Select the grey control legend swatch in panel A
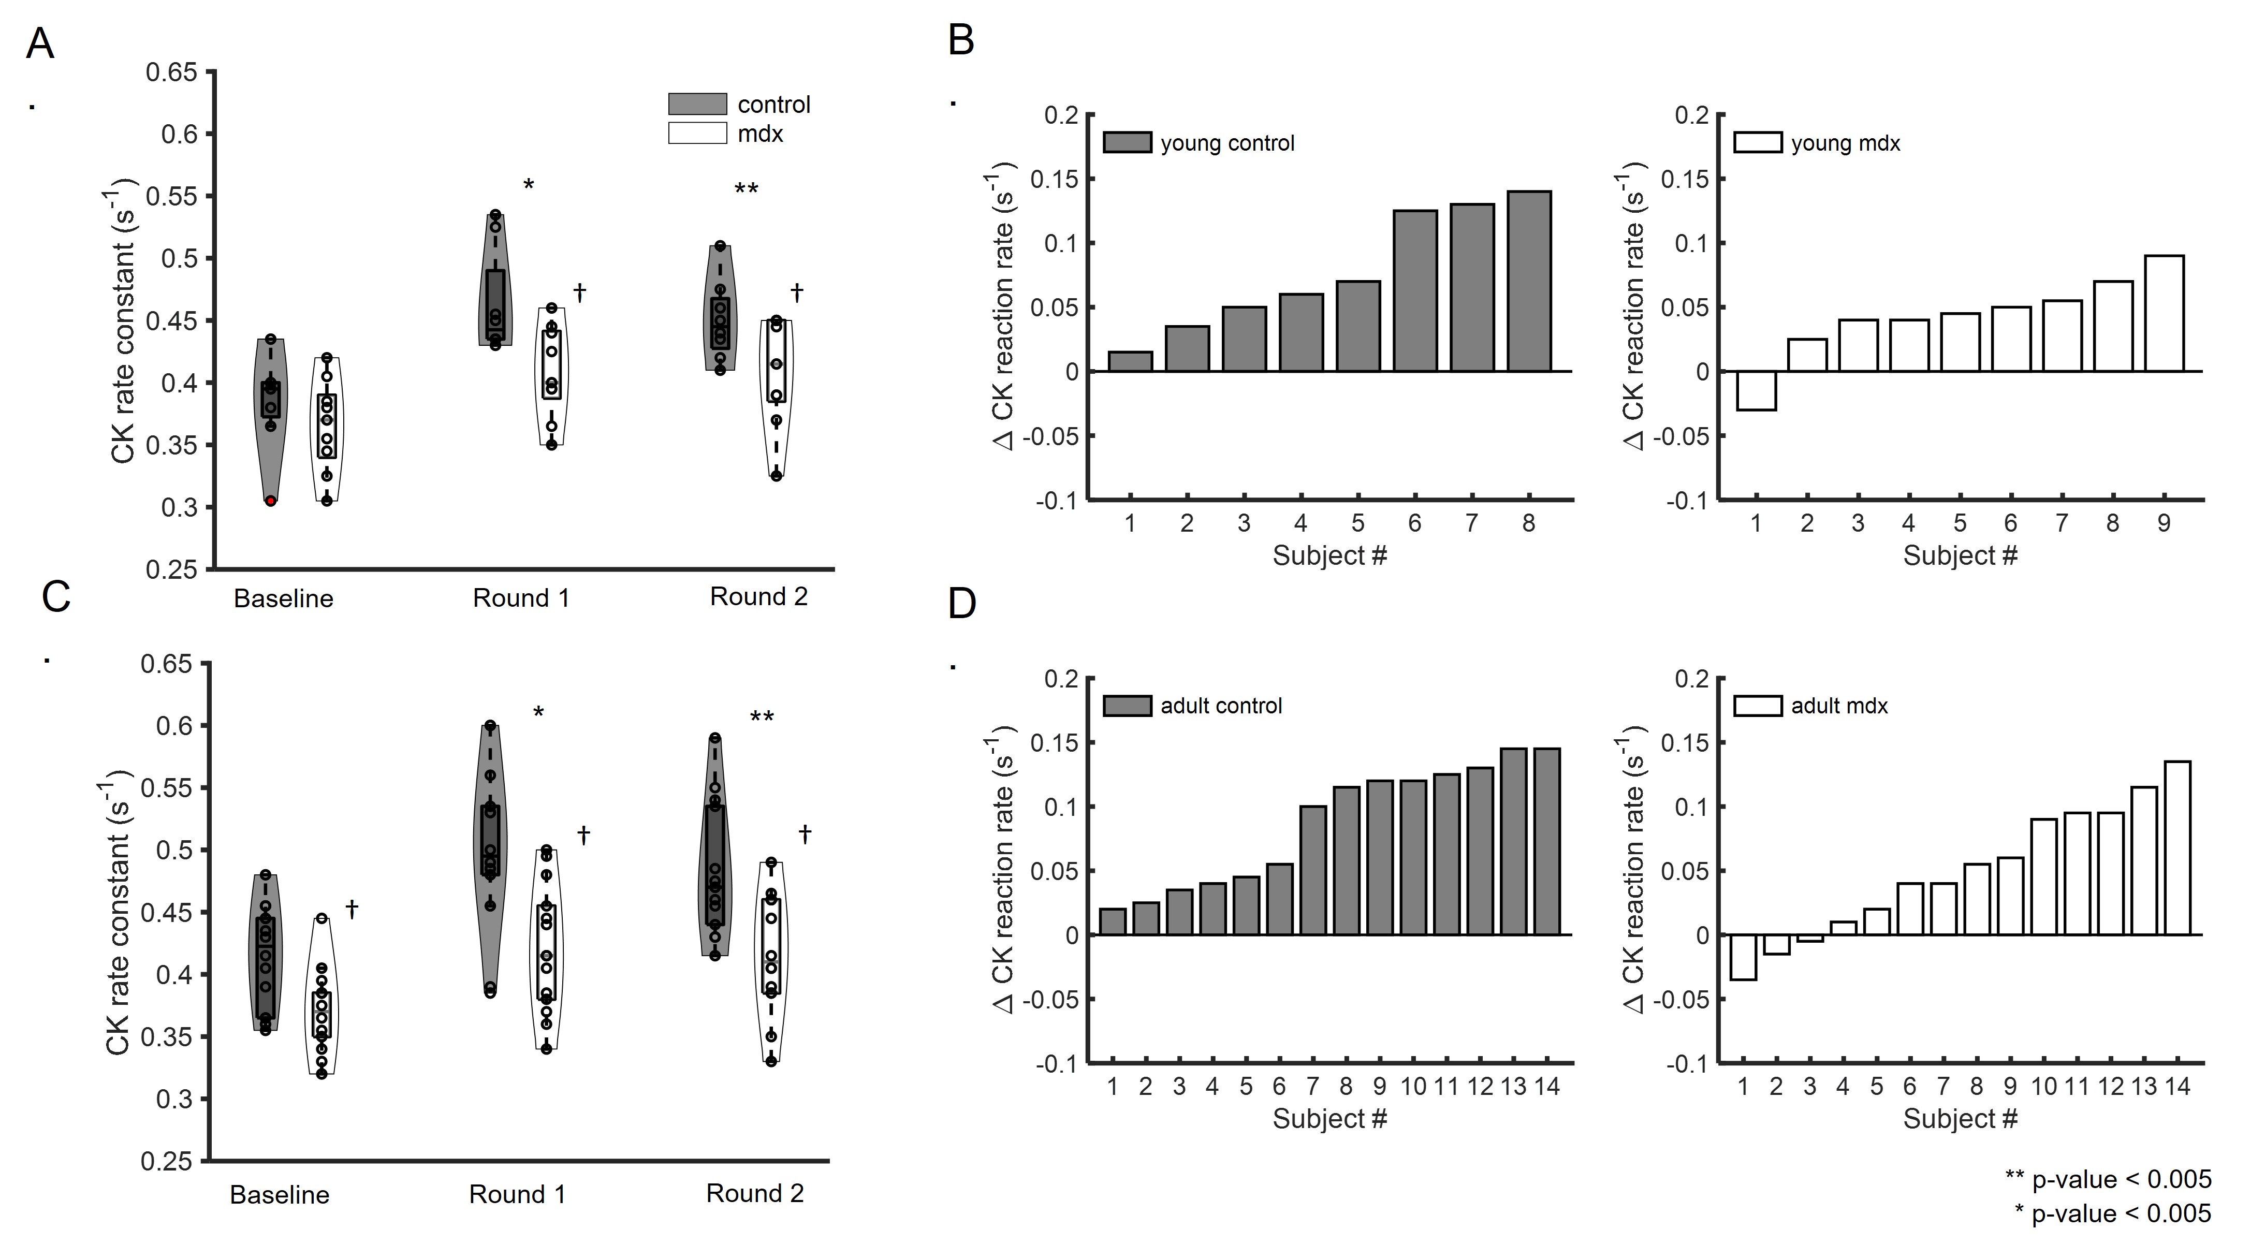697,104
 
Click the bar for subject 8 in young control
1528,281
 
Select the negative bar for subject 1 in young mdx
1756,390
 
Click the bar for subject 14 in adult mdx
2177,847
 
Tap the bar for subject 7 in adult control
1313,870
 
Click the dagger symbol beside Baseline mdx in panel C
352,909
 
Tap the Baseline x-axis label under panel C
280,1195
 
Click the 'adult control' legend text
1221,706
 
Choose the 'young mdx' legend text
1846,143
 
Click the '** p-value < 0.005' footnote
2107,1179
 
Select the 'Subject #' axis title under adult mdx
1960,1119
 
